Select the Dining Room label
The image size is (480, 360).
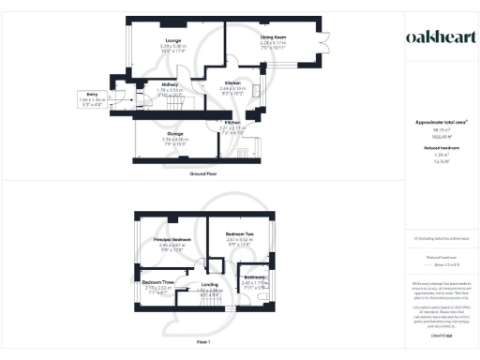273,37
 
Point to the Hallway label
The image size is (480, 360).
143,84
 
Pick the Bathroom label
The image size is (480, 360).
256,277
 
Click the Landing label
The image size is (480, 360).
208,285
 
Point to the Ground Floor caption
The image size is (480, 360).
203,173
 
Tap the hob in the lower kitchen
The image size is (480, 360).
242,152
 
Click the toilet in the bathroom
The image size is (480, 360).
267,299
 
